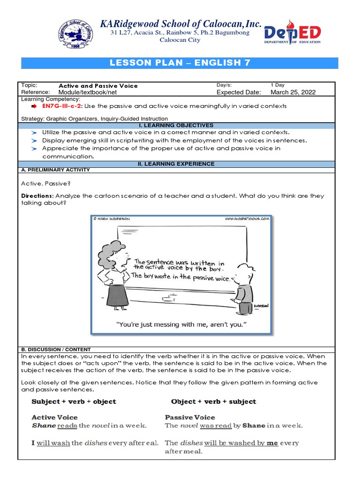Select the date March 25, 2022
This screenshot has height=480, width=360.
coord(293,92)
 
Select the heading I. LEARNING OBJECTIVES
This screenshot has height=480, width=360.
coord(180,126)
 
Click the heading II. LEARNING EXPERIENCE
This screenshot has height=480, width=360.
coord(180,164)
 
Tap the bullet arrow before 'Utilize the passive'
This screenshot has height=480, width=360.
coord(33,133)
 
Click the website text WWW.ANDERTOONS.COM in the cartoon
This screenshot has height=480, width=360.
coord(247,218)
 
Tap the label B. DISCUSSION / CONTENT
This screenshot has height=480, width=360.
coord(56,350)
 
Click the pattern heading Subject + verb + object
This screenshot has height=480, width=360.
coord(74,402)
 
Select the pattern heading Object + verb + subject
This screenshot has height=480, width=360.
coord(213,402)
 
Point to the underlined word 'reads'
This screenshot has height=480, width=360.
coord(67,426)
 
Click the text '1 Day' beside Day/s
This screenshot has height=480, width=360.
coord(277,85)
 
